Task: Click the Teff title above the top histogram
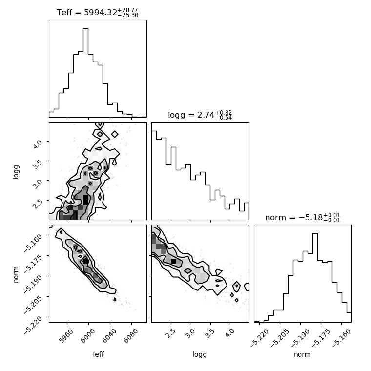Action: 97,12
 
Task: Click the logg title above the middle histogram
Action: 200,115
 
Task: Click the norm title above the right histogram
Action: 303,217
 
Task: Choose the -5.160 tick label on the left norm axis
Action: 33,243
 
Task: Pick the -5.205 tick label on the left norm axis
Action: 33,304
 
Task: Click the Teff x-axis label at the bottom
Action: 98,354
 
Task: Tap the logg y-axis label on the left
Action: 16,172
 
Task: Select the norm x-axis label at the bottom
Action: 302,354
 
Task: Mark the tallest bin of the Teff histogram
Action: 85,73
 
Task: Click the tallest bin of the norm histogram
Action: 315,278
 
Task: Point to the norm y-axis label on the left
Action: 16,274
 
